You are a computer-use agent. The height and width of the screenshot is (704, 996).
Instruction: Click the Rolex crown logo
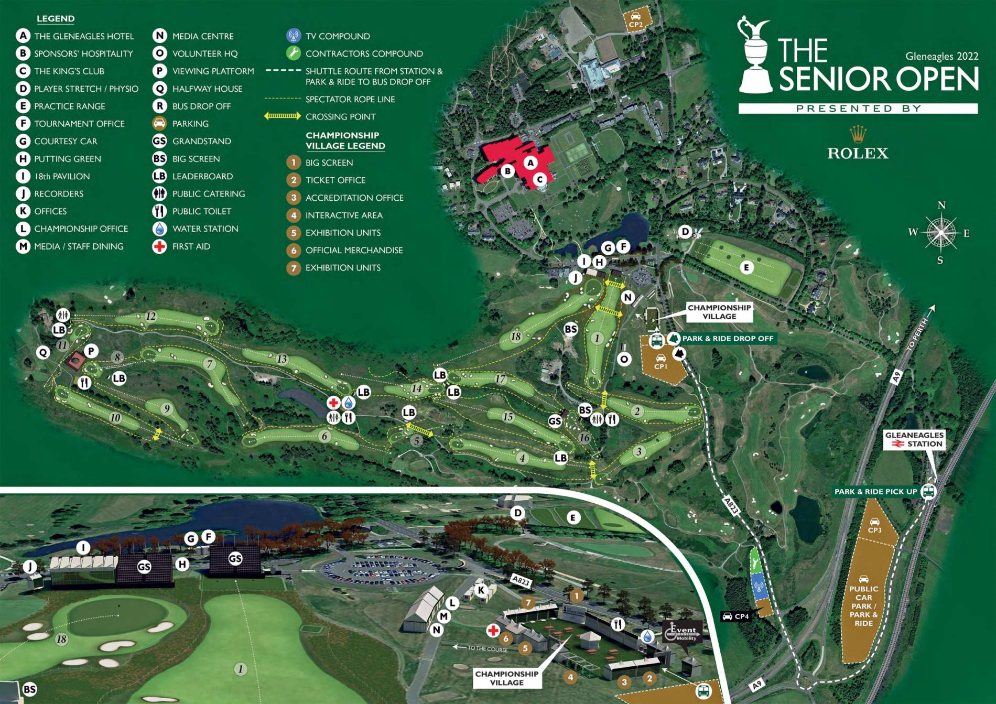click(x=858, y=134)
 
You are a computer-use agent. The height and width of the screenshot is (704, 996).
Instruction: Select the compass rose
click(x=941, y=232)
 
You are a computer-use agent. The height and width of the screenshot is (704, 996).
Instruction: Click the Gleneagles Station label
click(x=914, y=439)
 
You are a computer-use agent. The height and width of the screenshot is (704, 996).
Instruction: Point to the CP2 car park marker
click(x=636, y=20)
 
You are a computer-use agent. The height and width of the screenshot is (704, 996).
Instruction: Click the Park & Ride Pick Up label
click(x=875, y=491)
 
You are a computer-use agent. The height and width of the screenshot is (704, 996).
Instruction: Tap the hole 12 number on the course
click(x=151, y=316)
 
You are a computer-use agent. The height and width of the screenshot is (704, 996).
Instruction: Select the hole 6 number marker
click(x=324, y=436)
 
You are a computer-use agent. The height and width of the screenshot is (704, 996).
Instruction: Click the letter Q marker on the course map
click(x=43, y=352)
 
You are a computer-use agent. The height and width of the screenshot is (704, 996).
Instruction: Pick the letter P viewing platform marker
click(x=91, y=351)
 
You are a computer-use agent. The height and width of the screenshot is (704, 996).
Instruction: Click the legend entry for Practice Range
click(x=69, y=106)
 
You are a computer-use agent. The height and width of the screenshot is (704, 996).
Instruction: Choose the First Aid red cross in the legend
click(x=159, y=246)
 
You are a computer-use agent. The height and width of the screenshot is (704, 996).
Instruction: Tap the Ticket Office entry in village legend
click(x=335, y=180)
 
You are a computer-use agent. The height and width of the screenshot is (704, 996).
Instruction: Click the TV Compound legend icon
click(x=294, y=36)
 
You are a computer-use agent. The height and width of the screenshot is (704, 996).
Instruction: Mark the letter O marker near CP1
click(x=624, y=359)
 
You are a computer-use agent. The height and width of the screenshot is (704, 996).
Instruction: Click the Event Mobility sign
click(x=682, y=632)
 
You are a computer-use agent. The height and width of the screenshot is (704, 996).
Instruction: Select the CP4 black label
click(x=736, y=616)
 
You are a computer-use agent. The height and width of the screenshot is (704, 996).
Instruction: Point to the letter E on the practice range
click(x=746, y=267)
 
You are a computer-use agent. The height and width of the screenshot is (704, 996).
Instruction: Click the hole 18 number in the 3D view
click(x=62, y=639)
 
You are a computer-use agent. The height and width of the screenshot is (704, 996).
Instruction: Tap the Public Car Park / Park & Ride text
click(x=863, y=605)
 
